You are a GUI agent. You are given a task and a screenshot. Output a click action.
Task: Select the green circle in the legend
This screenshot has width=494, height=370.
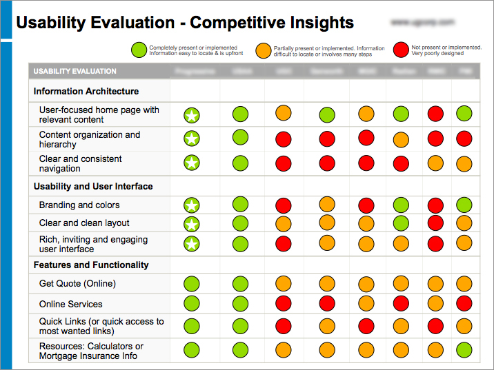point(139,50)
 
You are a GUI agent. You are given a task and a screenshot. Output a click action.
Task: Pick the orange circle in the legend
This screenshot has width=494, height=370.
point(263,50)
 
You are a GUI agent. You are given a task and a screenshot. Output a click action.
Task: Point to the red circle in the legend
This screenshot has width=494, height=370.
point(401,50)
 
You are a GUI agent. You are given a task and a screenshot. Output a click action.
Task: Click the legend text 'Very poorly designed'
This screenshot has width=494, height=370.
point(437,54)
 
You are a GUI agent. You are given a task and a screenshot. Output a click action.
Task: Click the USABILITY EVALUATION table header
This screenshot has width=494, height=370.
point(75,71)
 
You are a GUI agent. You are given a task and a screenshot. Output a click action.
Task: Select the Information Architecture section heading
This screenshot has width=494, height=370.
point(86,91)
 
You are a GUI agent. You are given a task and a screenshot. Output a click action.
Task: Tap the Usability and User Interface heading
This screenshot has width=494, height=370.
point(93,186)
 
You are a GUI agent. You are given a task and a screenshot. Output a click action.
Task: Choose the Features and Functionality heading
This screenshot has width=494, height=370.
point(91,265)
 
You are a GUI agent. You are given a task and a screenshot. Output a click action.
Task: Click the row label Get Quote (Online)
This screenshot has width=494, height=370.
point(77,283)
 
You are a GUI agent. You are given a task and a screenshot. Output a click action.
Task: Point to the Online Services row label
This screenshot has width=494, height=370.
point(70,304)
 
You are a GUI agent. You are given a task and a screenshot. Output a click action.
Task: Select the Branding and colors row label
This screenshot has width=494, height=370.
point(79,205)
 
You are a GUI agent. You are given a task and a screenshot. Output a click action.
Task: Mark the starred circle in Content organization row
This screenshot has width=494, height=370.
point(192,138)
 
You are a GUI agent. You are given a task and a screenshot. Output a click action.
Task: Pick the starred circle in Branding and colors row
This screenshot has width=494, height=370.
point(192,205)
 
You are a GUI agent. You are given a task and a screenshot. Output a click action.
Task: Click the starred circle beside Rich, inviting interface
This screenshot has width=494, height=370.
point(192,243)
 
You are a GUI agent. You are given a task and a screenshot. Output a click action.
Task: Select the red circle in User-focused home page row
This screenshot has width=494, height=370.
point(435,114)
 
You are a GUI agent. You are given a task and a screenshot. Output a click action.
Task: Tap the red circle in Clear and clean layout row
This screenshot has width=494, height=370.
point(435,222)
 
